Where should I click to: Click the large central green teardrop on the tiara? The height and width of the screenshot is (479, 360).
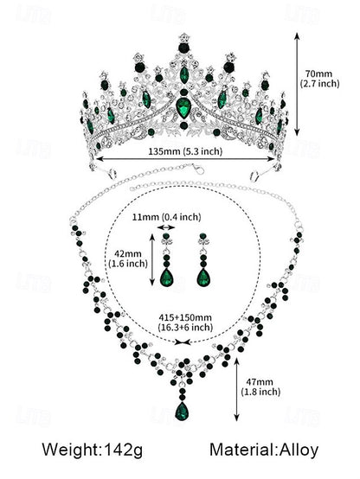183,106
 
